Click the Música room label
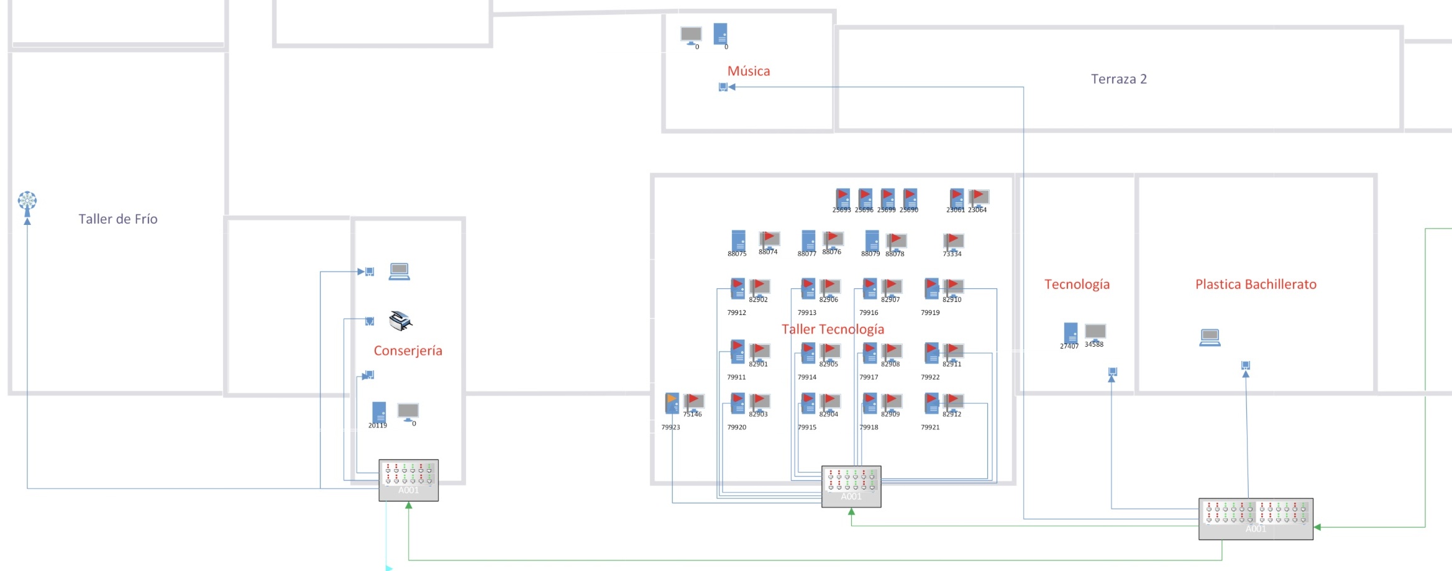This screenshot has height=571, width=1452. (749, 71)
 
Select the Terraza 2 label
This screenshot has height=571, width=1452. (1118, 79)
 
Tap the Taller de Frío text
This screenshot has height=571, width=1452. (118, 219)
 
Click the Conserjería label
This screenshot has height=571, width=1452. (408, 350)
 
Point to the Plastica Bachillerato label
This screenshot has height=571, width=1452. (1256, 284)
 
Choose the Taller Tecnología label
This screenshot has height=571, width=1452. (833, 329)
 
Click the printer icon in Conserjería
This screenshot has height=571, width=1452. (400, 321)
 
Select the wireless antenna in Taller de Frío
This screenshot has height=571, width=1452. (27, 203)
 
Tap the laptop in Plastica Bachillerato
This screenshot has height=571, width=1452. (1210, 337)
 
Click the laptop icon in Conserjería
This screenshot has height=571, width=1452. (399, 272)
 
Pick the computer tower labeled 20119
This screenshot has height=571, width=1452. (379, 413)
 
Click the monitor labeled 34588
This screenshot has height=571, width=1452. (1095, 332)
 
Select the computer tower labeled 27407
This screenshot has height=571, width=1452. (1071, 333)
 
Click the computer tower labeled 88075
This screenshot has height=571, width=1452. (738, 240)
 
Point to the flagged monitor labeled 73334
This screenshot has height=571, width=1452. (953, 241)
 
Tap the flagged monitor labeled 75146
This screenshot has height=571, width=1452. (693, 402)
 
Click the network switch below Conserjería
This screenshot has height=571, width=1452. (408, 480)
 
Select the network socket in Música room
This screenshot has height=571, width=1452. (723, 87)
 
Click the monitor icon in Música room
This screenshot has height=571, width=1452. (691, 35)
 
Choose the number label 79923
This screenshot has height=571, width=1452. (670, 427)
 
